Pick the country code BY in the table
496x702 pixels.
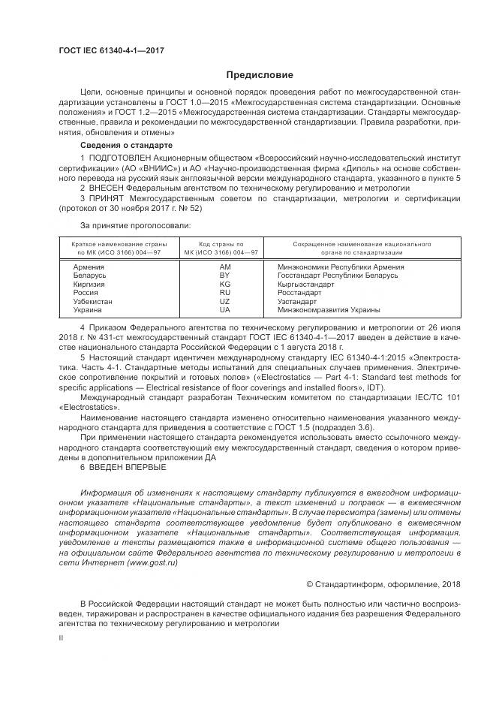[224, 276]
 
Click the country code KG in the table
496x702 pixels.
[224, 285]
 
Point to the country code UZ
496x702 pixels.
[224, 301]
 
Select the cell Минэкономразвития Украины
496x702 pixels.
[329, 309]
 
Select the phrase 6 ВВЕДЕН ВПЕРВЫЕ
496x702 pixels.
[123, 467]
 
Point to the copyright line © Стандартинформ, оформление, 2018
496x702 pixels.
[383, 583]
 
